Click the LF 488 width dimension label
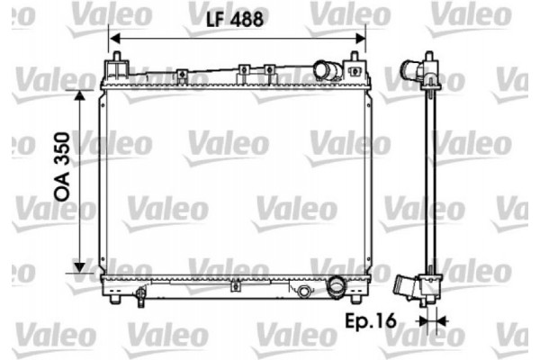(x=238, y=19)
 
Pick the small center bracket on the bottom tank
(x=234, y=288)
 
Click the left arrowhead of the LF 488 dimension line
(x=115, y=37)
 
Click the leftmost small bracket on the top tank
(x=180, y=72)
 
